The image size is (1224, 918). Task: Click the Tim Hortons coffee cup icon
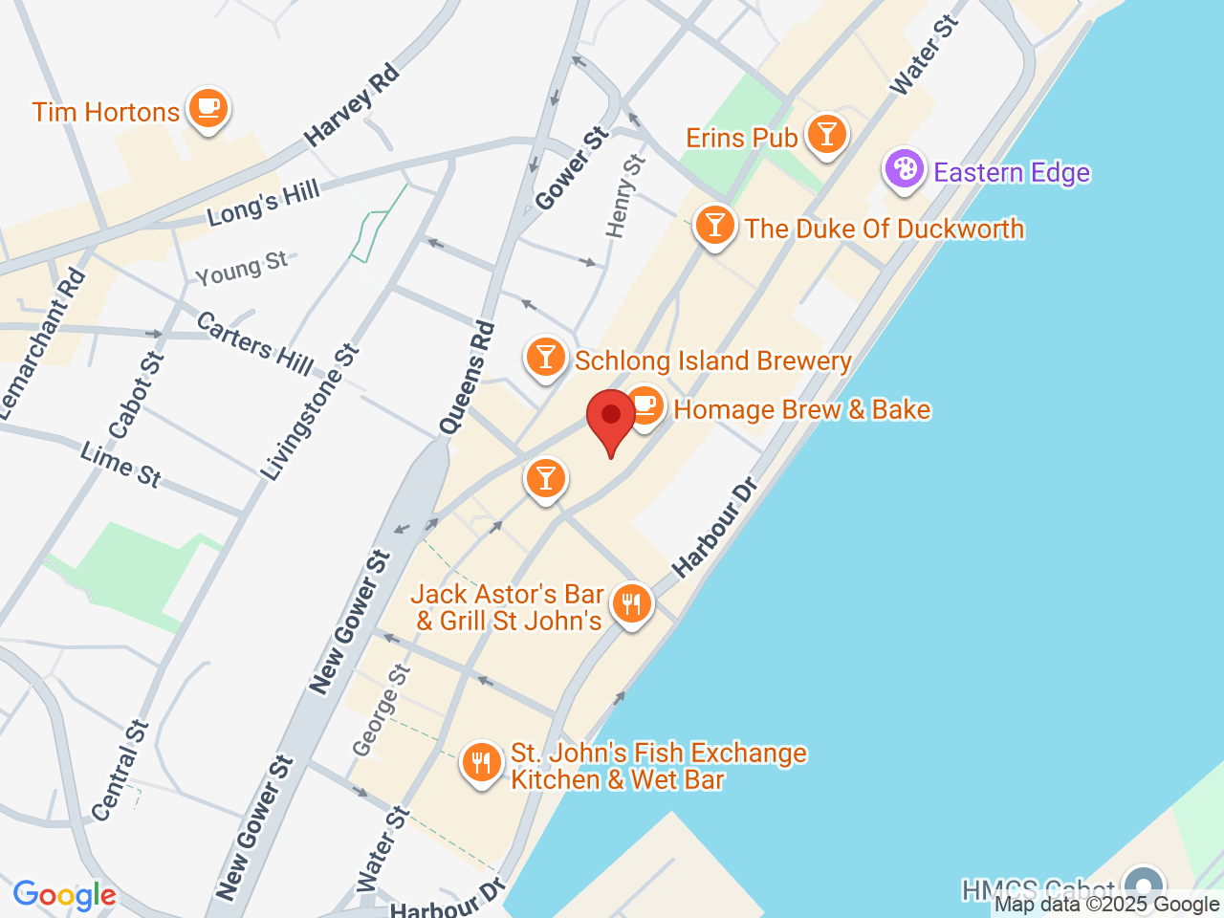(208, 107)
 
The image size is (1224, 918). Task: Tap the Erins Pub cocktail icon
(827, 134)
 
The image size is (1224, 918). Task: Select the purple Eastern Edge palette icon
(904, 170)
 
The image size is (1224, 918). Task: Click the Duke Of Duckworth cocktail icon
(714, 226)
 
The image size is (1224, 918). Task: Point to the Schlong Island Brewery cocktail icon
(545, 358)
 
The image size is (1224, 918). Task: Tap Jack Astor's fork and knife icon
(631, 604)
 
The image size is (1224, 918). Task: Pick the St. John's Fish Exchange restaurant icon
(481, 763)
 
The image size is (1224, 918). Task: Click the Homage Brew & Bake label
(801, 410)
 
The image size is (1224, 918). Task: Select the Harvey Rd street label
(351, 105)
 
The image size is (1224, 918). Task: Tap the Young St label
(241, 269)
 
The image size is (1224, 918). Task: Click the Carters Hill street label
(254, 342)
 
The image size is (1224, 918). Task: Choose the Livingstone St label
(310, 412)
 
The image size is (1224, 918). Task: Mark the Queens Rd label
(469, 378)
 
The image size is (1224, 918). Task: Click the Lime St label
(121, 465)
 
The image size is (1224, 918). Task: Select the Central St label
(121, 770)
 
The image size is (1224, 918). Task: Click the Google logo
(64, 896)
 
